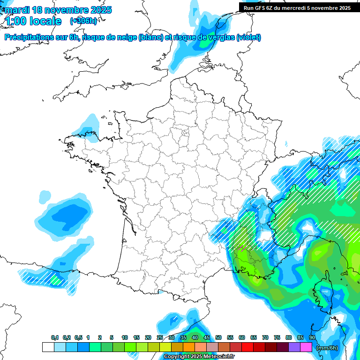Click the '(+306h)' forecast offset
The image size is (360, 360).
tap(83, 21)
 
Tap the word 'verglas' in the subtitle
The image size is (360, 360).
tap(220, 37)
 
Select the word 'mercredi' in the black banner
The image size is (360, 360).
tap(304, 7)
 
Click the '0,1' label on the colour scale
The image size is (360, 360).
tap(55, 338)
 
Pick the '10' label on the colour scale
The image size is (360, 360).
tap(125, 338)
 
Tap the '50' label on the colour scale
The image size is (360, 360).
tap(218, 338)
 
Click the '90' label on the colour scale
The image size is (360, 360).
tap(312, 338)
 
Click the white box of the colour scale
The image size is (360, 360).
tap(48, 347)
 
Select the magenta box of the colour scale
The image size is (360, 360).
tap(306, 347)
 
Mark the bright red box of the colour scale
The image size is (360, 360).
tap(247, 347)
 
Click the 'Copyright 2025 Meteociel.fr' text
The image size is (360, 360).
tap(199, 357)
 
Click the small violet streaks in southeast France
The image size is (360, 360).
tap(242, 247)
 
